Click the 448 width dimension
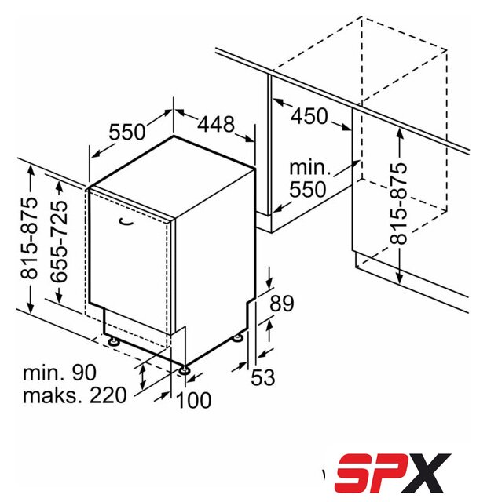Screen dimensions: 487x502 tap(216, 124)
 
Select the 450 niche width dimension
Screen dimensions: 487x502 tap(309, 116)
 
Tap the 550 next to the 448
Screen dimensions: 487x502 tap(126, 132)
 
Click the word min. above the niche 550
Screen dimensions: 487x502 tap(309, 167)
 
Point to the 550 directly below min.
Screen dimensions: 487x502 tap(307, 189)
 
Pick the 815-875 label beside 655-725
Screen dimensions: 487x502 tap(29, 238)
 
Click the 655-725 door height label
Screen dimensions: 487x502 tap(59, 242)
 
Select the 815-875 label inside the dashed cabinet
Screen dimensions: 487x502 tap(398, 204)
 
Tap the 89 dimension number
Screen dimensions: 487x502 tap(281, 304)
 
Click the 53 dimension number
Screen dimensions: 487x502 tap(263, 377)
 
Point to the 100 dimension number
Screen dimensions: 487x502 tap(194, 400)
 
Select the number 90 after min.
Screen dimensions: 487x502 tap(84, 373)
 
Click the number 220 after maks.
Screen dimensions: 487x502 tap(108, 395)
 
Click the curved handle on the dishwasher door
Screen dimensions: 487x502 tap(126, 221)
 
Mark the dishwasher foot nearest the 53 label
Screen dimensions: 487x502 tap(238, 338)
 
